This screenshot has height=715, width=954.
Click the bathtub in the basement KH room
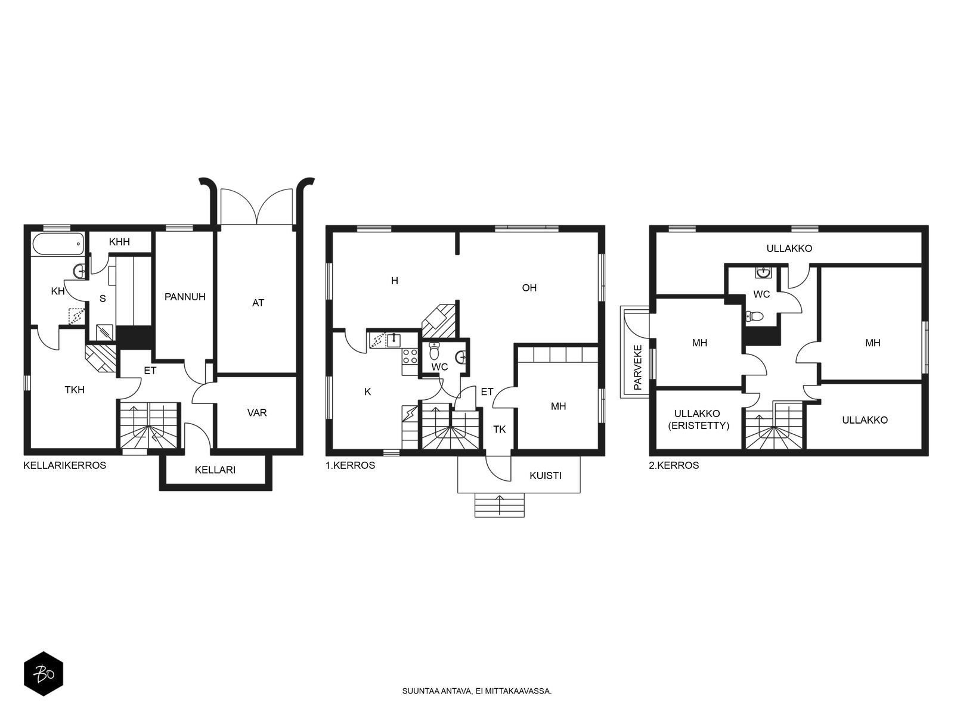(x=58, y=244)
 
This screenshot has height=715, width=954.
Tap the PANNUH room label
(x=185, y=297)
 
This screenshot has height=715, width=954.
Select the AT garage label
(x=258, y=303)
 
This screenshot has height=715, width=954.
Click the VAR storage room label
(x=257, y=412)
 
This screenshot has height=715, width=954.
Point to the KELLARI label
(x=215, y=470)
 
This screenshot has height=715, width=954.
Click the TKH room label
(x=75, y=390)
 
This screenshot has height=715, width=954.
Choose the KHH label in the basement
(x=119, y=242)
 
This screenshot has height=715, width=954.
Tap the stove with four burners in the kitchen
(x=410, y=356)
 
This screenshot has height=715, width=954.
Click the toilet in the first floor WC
(x=434, y=351)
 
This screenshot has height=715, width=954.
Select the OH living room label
(x=529, y=288)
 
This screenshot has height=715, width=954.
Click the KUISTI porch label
(x=546, y=476)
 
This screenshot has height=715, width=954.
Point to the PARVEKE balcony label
(x=637, y=367)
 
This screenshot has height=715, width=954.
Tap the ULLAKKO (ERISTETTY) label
(x=698, y=420)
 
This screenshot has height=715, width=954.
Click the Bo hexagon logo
(x=44, y=674)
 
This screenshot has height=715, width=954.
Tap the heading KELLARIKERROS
(x=65, y=465)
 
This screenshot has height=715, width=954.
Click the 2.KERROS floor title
(x=674, y=465)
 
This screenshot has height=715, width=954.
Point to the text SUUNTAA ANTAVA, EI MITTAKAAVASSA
(x=477, y=691)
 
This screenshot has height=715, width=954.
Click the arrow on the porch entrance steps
(x=500, y=505)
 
